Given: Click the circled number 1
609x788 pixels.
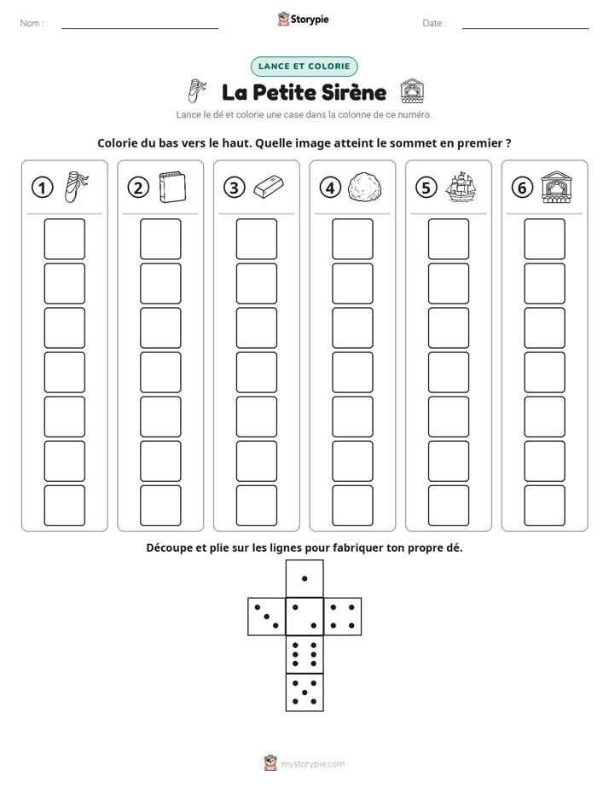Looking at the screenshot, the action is click(42, 188).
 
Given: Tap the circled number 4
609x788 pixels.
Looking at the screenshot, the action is click(330, 188).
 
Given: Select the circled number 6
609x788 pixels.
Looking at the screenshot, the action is click(522, 188).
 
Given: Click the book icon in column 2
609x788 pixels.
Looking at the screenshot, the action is click(172, 188).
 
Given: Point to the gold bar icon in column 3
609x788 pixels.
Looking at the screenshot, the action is click(269, 187).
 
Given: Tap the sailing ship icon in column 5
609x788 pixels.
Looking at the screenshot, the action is click(461, 187).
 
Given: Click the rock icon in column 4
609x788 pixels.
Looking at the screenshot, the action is click(365, 188).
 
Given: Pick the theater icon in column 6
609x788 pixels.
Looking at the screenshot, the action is click(556, 187).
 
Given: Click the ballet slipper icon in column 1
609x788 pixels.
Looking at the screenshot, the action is click(77, 187).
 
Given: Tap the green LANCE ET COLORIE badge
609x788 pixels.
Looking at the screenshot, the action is click(304, 67).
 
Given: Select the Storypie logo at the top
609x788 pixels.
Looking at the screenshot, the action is click(303, 19).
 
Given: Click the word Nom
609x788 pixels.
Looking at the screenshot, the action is click(30, 23).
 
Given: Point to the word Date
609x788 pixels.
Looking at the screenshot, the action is click(432, 23).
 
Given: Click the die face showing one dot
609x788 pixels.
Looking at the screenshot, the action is click(304, 578).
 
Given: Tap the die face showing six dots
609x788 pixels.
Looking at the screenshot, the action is click(304, 654).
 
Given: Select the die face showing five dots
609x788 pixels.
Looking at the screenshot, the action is click(304, 692).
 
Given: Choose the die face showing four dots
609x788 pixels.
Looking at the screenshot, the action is click(343, 617).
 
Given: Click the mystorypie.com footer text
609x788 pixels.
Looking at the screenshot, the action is click(312, 764).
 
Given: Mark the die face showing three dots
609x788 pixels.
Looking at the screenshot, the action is click(266, 617).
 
